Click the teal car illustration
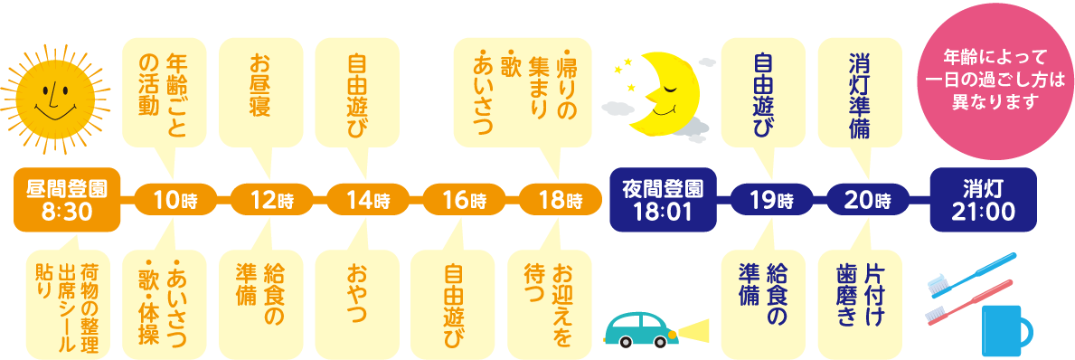click(638, 329)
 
